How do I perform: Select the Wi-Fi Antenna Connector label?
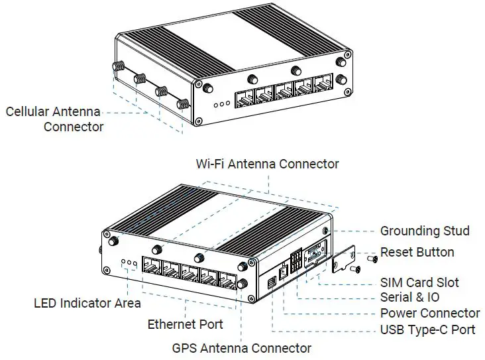[x=267, y=164]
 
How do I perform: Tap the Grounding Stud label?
[x=425, y=231]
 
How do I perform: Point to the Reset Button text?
[x=417, y=253]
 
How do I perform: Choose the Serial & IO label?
[x=409, y=298]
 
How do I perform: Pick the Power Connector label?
[x=430, y=313]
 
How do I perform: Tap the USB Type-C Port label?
[x=427, y=330]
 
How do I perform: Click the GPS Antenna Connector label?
[x=241, y=348]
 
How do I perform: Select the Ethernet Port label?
[x=185, y=325]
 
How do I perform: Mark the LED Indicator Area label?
[x=87, y=304]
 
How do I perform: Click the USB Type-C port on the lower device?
[x=272, y=284]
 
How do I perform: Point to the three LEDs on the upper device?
[x=222, y=103]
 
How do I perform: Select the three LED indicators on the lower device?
[x=129, y=265]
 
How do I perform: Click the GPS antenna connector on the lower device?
[x=242, y=284]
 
